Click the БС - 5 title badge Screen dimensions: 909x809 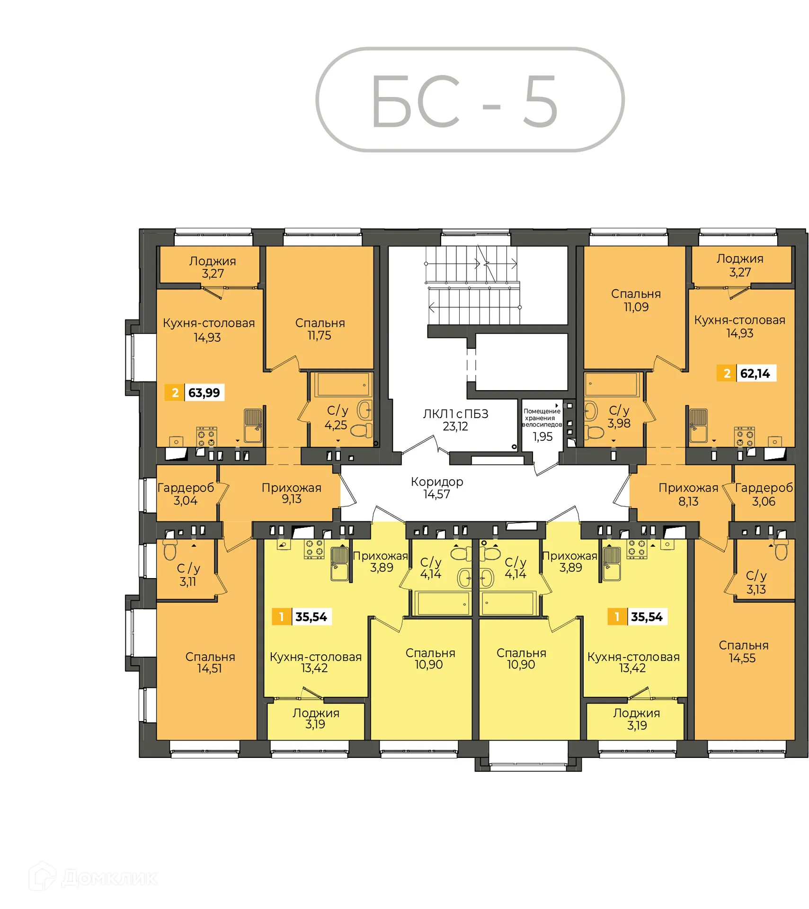[469, 100]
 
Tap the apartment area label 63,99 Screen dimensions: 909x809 [203, 392]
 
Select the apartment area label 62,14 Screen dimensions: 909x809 [754, 373]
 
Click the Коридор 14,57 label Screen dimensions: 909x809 [436, 488]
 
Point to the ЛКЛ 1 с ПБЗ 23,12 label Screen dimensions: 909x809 [455, 420]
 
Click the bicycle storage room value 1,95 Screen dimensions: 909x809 [542, 437]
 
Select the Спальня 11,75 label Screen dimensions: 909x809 [320, 329]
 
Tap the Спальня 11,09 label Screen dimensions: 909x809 [635, 300]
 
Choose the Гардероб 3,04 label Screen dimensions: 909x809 [185, 494]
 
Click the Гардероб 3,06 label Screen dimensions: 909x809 [763, 494]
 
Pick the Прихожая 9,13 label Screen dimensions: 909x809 [291, 493]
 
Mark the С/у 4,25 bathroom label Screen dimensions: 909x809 [337, 418]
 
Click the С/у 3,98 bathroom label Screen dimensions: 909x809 [619, 417]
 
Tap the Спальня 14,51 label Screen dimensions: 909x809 [209, 662]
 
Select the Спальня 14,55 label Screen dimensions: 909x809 [743, 651]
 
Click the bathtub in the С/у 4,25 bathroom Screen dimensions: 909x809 [343, 384]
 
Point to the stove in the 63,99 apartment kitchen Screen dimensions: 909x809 [206, 437]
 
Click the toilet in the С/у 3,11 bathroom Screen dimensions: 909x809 [170, 549]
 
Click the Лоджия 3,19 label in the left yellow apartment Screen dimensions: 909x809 [315, 719]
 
